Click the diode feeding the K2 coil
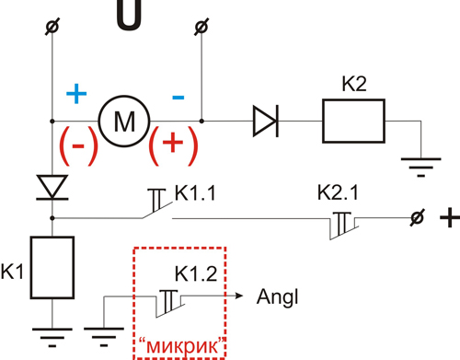pyautogui.click(x=266, y=121)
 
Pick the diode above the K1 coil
pyautogui.click(x=52, y=187)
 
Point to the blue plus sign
pyautogui.click(x=76, y=93)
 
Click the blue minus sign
pyautogui.click(x=178, y=98)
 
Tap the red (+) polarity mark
pyautogui.click(x=173, y=145)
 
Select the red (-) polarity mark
pyautogui.click(x=78, y=145)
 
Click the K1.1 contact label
pyautogui.click(x=195, y=192)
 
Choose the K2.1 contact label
pyautogui.click(x=338, y=192)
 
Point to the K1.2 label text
pyautogui.click(x=196, y=273)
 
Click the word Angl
pyautogui.click(x=277, y=296)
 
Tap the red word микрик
pyautogui.click(x=182, y=345)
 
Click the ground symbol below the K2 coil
pyautogui.click(x=421, y=168)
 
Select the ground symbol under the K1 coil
pyautogui.click(x=52, y=338)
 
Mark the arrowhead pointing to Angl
pyautogui.click(x=239, y=296)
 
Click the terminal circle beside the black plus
pyautogui.click(x=417, y=218)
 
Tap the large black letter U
pyautogui.click(x=129, y=15)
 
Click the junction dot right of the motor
pyautogui.click(x=201, y=121)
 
